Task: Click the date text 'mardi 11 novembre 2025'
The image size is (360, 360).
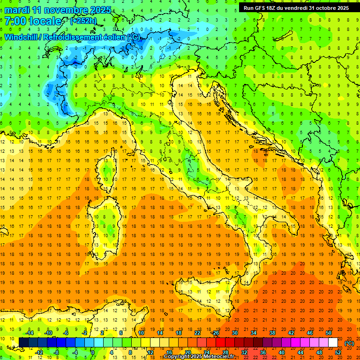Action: coord(58,10)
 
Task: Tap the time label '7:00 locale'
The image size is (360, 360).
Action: coord(33,21)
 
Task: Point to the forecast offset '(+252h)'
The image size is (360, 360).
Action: coord(83,21)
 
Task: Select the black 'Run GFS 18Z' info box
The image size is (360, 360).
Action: coord(293,8)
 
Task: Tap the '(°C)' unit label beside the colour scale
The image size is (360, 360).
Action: coord(349,343)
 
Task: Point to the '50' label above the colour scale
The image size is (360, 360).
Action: coord(328,332)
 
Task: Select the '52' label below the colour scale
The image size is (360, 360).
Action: coord(338,352)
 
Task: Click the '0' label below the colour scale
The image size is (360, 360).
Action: coord(93,352)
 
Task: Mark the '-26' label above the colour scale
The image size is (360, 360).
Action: coord(216,332)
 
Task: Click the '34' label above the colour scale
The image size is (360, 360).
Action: coord(253,332)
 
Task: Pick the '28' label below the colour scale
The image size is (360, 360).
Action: coord(225,352)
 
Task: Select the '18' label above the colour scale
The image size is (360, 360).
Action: coord(178,332)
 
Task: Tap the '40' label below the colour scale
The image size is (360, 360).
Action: coord(281,352)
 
